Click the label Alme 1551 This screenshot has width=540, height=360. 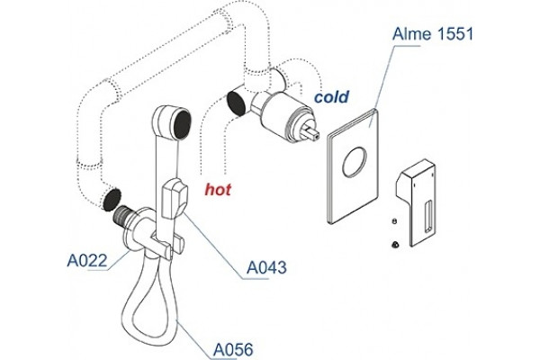tap(433, 34)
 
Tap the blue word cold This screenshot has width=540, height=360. tap(331, 97)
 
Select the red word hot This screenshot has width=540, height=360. tap(218, 190)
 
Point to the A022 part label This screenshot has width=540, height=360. tap(87, 260)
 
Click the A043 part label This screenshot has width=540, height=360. tap(266, 267)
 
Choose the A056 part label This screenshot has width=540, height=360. tap(233, 350)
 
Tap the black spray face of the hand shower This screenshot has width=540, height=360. tap(183, 124)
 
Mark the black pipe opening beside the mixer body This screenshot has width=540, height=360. tap(236, 102)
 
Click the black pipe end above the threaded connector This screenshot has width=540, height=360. tap(112, 200)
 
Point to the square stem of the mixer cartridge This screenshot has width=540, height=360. tap(311, 131)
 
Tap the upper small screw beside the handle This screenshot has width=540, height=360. tap(394, 221)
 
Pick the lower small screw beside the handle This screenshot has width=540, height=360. tap(395, 245)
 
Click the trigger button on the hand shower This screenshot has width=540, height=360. tap(175, 200)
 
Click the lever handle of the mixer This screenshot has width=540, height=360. tap(416, 202)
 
